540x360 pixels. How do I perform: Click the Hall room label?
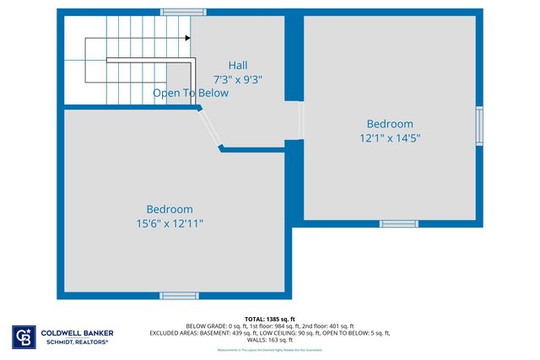coord(239,65)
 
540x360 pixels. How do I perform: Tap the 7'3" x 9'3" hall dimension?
coord(239,79)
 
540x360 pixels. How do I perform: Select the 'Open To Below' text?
coord(191,94)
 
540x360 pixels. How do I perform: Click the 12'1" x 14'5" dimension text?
coord(390,137)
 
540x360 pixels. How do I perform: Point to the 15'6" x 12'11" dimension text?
coord(170,223)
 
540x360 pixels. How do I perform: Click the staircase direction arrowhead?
coord(186,38)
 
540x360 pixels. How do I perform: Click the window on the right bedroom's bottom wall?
coord(398,223)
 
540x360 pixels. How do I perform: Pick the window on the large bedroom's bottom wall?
coord(179,296)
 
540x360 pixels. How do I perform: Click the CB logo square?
coord(23,336)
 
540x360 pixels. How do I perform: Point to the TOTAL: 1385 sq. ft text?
coord(270,319)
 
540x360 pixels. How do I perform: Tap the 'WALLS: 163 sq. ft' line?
coord(270,340)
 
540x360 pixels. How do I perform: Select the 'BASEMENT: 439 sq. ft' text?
coord(250,333)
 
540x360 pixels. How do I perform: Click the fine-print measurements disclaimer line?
coord(270,349)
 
